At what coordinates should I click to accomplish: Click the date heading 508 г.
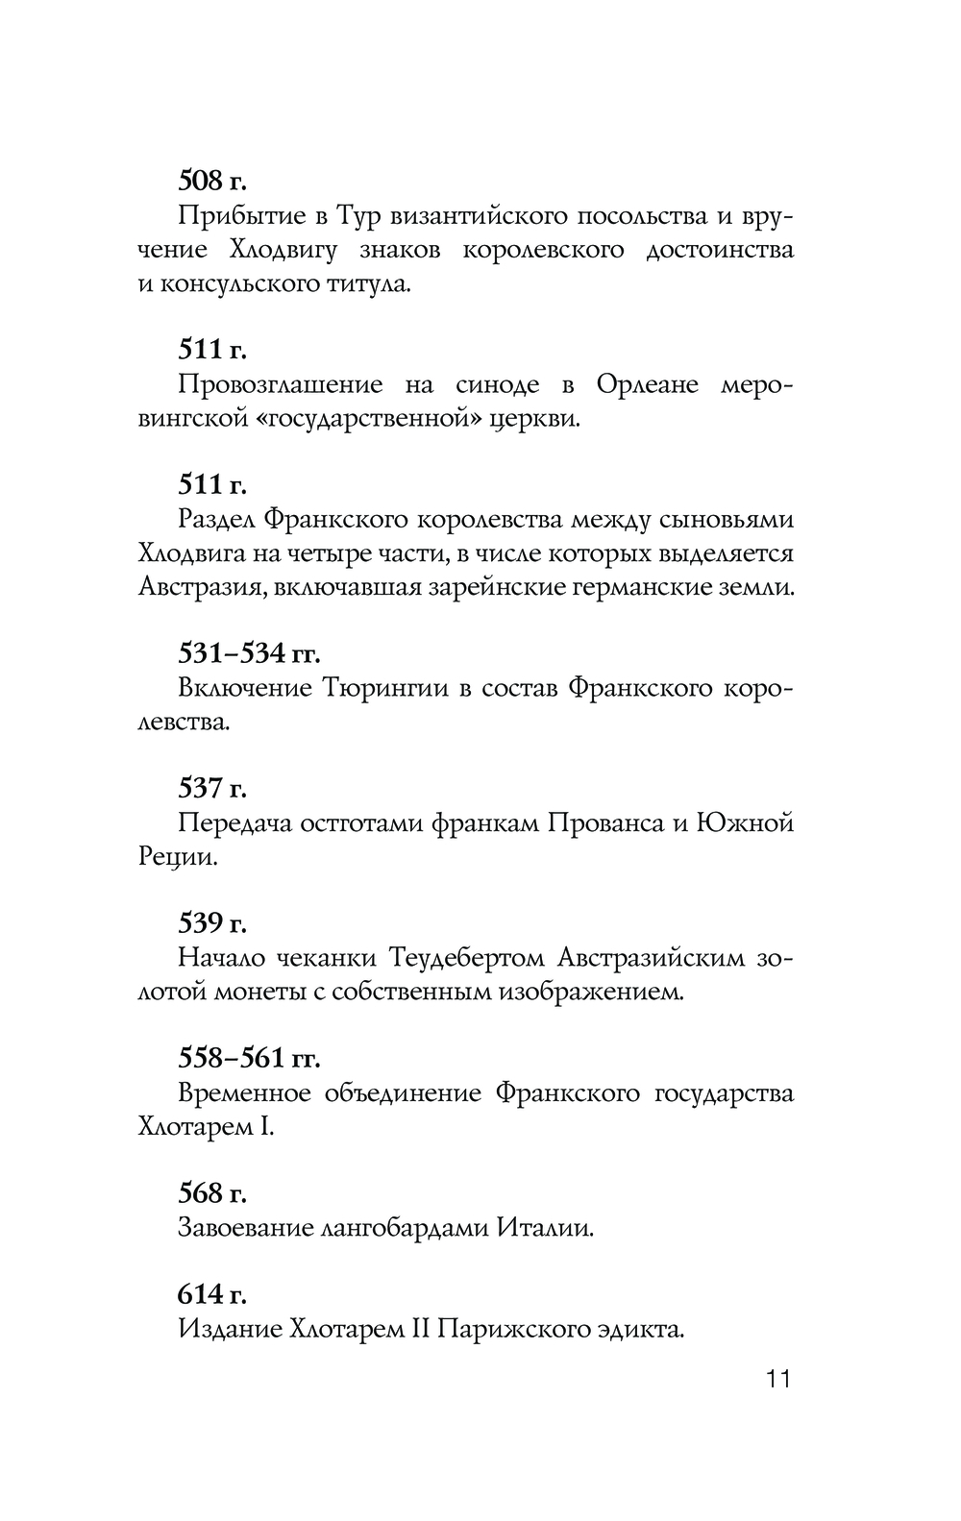pos(211,180)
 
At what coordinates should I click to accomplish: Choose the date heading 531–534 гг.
pos(249,653)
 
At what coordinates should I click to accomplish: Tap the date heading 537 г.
pos(212,789)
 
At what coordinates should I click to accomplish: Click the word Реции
pos(178,858)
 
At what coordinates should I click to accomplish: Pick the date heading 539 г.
pos(212,923)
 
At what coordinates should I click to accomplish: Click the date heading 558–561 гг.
pos(249,1058)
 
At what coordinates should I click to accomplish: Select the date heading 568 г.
pos(212,1193)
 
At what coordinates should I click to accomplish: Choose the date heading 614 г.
pos(212,1294)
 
